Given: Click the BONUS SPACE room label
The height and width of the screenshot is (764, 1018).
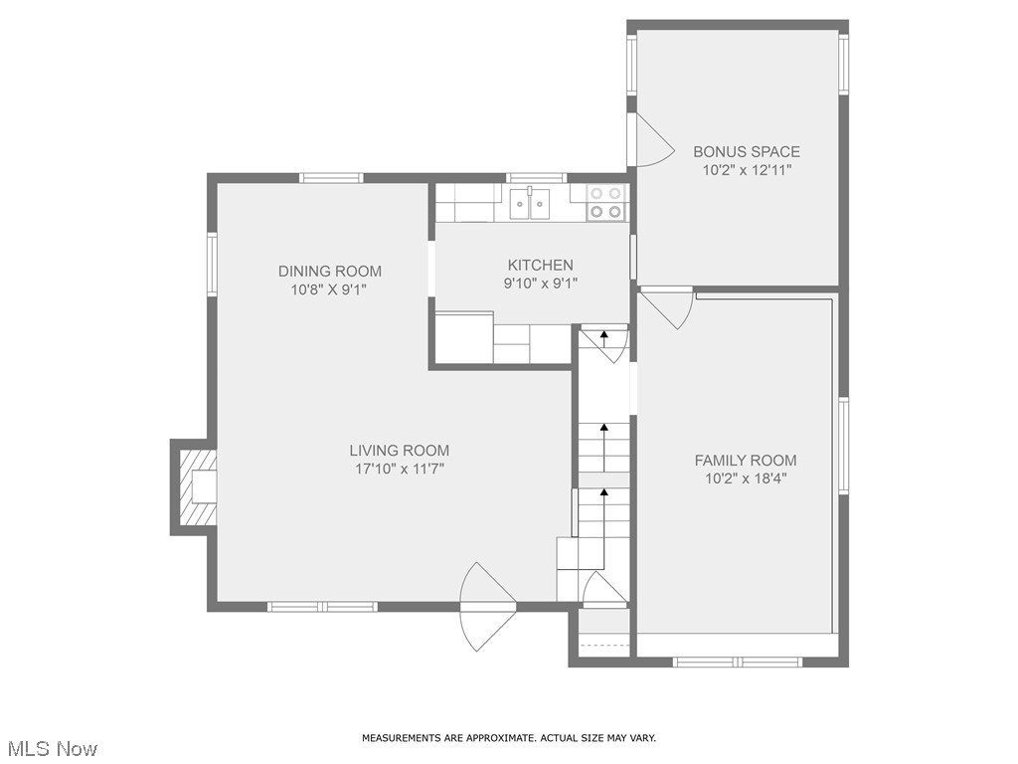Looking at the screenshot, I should click(x=746, y=152).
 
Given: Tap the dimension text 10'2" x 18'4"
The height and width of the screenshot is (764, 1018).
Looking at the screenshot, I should click(x=746, y=477).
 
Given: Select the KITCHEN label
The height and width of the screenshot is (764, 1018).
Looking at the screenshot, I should click(x=540, y=265).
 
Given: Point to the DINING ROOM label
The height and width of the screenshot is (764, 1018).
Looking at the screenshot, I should click(x=329, y=272).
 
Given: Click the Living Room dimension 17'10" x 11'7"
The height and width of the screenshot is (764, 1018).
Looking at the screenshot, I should click(x=399, y=469).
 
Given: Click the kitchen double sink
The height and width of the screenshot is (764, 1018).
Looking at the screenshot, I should click(x=531, y=204).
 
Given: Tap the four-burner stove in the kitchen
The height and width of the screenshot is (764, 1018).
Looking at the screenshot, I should click(x=605, y=202).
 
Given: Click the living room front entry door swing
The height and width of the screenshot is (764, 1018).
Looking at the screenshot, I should click(x=486, y=606).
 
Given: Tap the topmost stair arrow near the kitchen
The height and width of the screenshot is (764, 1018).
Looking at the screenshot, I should click(x=603, y=338).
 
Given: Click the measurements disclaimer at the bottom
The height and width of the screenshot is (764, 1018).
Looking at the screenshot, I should click(x=508, y=738).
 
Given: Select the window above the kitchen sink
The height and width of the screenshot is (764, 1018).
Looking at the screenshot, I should click(x=536, y=178).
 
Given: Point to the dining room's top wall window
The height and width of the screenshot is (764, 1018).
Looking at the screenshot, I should click(x=331, y=178).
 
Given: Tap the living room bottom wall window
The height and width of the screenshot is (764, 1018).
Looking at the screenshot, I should click(x=322, y=606).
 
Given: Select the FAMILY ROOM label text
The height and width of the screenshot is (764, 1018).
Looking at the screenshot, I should click(x=746, y=461).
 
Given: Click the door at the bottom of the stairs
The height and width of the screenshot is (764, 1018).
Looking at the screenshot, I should click(x=603, y=590).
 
